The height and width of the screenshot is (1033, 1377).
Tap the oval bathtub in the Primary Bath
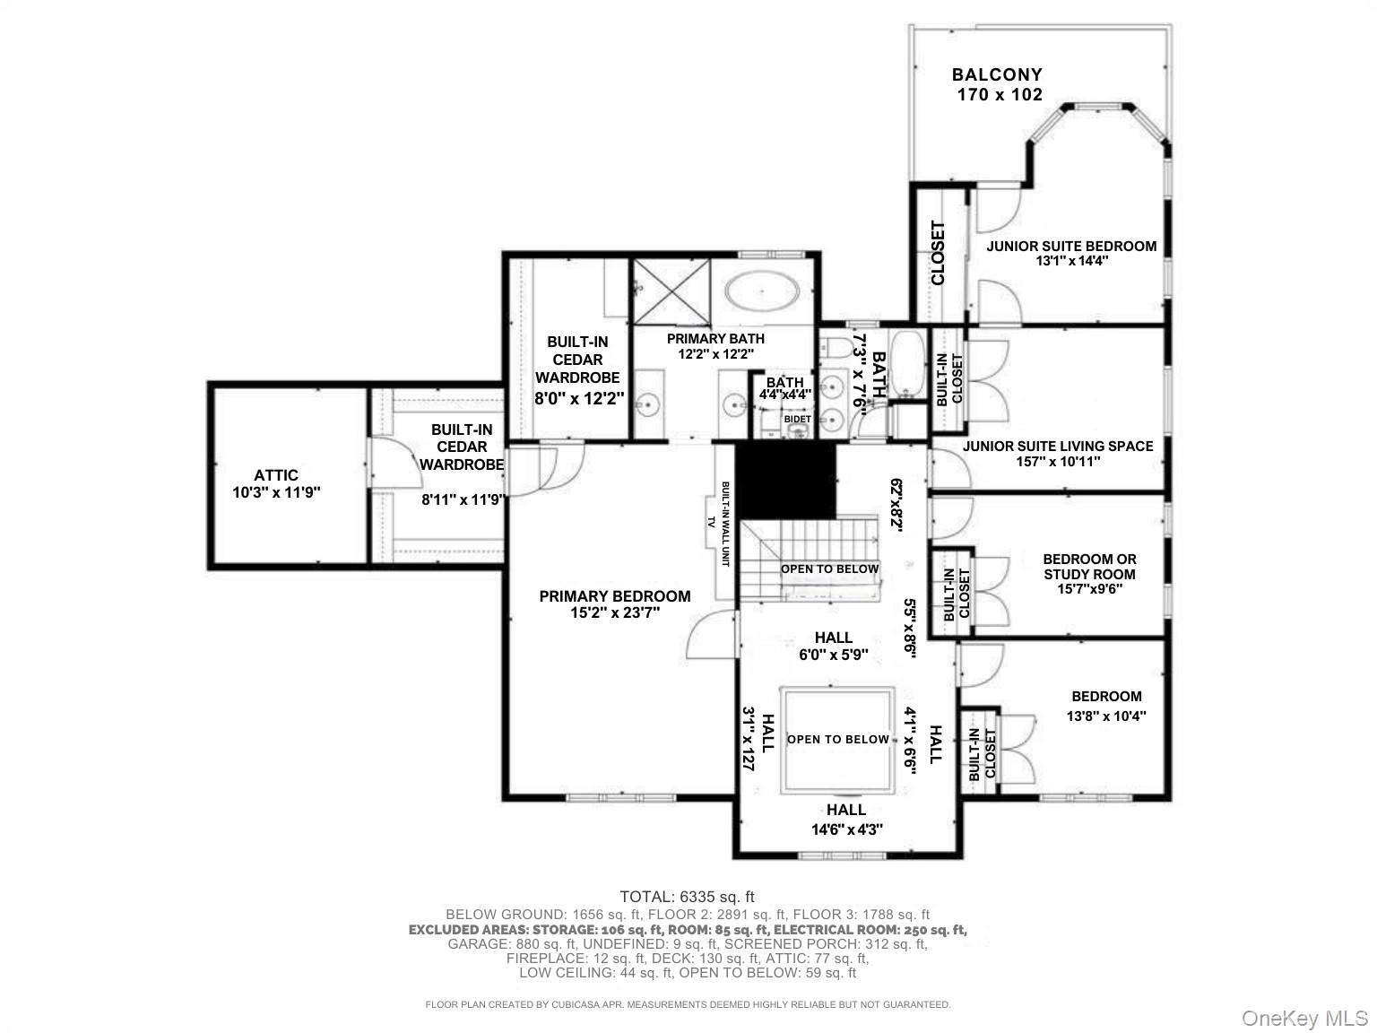(762, 292)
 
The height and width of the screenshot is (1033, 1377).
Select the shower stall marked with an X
(671, 291)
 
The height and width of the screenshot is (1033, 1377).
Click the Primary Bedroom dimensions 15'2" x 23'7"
(615, 612)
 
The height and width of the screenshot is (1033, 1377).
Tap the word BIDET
(797, 419)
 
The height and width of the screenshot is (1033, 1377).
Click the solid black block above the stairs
(785, 481)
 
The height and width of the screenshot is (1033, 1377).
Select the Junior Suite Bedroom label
(1071, 246)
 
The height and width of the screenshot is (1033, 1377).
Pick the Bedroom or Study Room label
(1090, 567)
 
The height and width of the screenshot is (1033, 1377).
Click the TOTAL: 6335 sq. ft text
(687, 897)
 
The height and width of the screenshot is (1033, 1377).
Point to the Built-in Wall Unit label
(725, 524)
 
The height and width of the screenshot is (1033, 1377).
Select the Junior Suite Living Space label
(1058, 446)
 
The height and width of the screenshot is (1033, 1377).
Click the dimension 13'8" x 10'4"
(1106, 716)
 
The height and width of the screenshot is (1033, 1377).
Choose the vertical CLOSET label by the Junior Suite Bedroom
(938, 253)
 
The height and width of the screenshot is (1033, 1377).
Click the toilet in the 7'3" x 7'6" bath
(835, 346)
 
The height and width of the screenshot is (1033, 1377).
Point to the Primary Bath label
(715, 339)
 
